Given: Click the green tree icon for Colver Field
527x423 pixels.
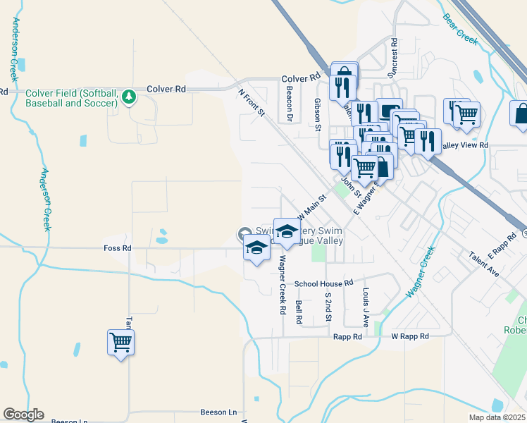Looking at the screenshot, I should [x=128, y=97].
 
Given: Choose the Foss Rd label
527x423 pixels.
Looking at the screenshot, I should [x=117, y=248].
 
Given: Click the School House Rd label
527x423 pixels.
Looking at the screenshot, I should [x=323, y=283].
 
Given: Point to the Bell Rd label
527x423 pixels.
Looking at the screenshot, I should [x=299, y=312].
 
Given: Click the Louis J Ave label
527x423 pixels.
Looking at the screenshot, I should [x=366, y=307].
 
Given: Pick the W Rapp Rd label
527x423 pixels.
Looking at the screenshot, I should [x=410, y=337].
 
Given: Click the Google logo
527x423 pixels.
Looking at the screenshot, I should [x=23, y=415].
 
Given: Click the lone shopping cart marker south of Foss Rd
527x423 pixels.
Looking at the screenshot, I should [x=120, y=343].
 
